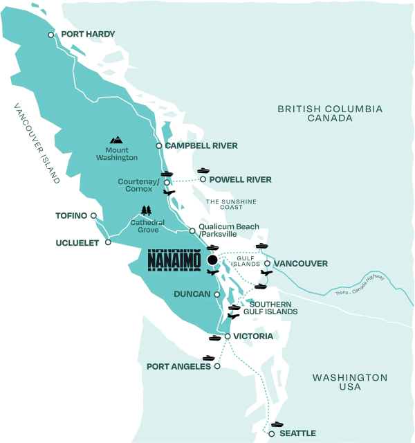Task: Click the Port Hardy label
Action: [x=87, y=34]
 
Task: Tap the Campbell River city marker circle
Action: [x=159, y=146]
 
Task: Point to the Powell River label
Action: [x=241, y=179]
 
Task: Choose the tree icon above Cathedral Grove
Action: [x=145, y=210]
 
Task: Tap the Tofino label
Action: [x=71, y=215]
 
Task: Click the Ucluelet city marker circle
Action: [x=108, y=242]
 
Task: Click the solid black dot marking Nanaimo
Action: [x=212, y=260]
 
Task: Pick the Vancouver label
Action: [x=300, y=264]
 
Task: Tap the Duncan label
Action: [x=192, y=294]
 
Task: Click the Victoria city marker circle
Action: [x=228, y=336]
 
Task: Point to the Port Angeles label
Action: [x=178, y=366]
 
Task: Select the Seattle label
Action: [x=297, y=433]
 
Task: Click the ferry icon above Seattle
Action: [x=277, y=423]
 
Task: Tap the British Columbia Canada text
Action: [x=329, y=114]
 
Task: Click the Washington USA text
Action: [x=349, y=382]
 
